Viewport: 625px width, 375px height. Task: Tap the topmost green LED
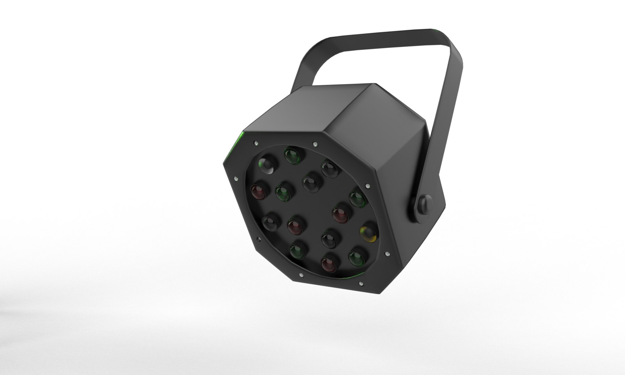292,155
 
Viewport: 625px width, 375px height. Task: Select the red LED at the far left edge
259,192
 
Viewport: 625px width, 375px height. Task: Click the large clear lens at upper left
267,164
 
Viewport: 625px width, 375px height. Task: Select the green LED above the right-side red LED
358,199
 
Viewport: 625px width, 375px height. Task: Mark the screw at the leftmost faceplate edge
236,178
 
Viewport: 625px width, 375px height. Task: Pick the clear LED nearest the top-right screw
329,169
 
